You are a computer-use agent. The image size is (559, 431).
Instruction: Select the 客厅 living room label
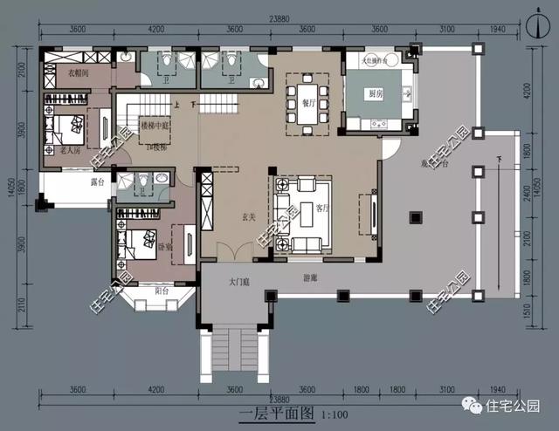[322, 209]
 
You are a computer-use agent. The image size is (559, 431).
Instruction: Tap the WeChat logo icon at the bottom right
[473, 406]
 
